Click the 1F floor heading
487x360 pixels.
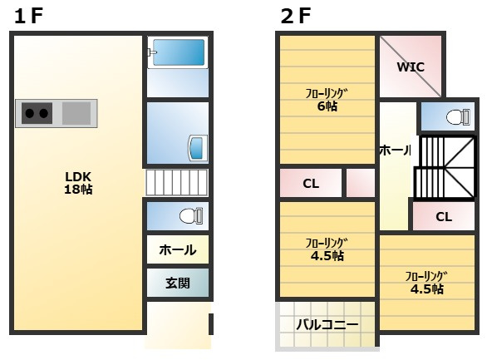(27, 16)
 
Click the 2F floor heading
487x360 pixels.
(295, 16)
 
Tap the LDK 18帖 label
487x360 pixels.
(78, 182)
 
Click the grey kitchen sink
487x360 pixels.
(76, 113)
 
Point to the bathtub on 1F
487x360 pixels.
(178, 52)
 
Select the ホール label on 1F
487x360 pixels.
(177, 249)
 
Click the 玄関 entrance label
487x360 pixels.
(177, 283)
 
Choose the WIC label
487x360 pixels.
(411, 67)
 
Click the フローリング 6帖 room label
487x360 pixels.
(326, 99)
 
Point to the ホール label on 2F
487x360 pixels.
(395, 150)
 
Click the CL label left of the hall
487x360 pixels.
(311, 184)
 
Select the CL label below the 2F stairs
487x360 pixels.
(444, 217)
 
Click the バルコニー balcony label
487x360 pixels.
(327, 324)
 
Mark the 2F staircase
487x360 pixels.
(445, 167)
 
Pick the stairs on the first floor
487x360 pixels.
(176, 182)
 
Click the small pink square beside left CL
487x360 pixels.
(361, 183)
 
